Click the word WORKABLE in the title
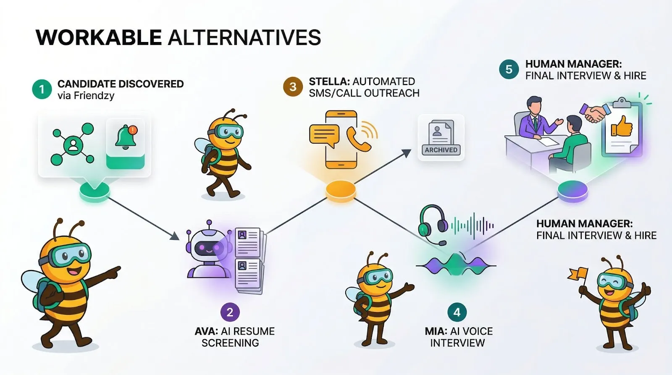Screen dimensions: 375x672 (99, 37)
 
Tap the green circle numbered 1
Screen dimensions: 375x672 (42, 89)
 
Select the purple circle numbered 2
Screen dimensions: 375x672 (230, 312)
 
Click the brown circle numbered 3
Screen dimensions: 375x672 (293, 87)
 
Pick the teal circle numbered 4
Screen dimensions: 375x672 (457, 312)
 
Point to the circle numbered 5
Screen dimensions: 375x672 (509, 69)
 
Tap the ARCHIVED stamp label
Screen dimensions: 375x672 (441, 150)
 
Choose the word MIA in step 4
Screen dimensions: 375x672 (434, 331)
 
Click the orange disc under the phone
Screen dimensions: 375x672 (341, 191)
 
